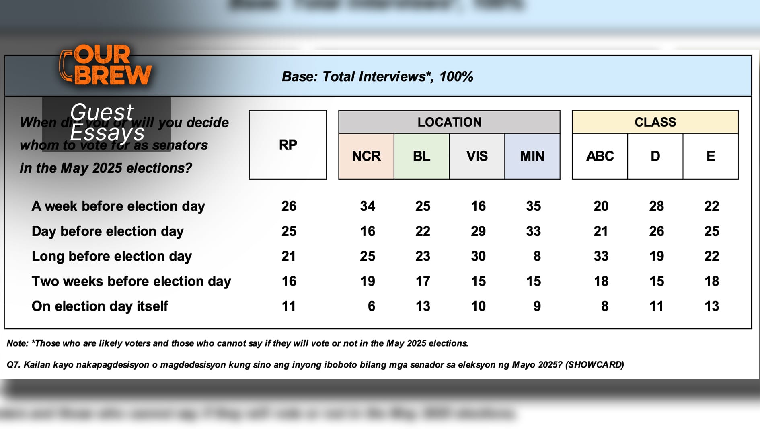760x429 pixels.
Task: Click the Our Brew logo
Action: coord(105,65)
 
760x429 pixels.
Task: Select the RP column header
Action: coord(288,145)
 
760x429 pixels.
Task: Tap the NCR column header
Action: coord(366,156)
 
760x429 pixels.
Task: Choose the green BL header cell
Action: coord(421,156)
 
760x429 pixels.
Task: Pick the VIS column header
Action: coord(477,156)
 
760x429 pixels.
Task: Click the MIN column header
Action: coord(532,156)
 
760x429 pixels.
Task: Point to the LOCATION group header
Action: coord(449,122)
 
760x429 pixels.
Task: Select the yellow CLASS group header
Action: coord(655,122)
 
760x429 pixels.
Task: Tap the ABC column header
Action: coord(600,156)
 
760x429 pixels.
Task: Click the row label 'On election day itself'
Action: coord(100,306)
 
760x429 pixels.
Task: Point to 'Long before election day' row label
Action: coord(111,256)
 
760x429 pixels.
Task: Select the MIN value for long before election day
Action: coord(537,256)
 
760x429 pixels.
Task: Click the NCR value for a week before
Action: coord(368,206)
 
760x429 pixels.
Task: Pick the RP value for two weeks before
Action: coord(289,281)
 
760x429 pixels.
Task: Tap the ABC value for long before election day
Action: coord(601,256)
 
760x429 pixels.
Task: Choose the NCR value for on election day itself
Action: coord(371,306)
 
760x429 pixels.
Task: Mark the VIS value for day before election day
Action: coord(478,231)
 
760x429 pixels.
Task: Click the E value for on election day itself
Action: coord(711,306)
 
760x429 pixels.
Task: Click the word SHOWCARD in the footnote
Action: coord(595,365)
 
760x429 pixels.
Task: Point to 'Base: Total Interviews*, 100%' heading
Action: coord(377,76)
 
